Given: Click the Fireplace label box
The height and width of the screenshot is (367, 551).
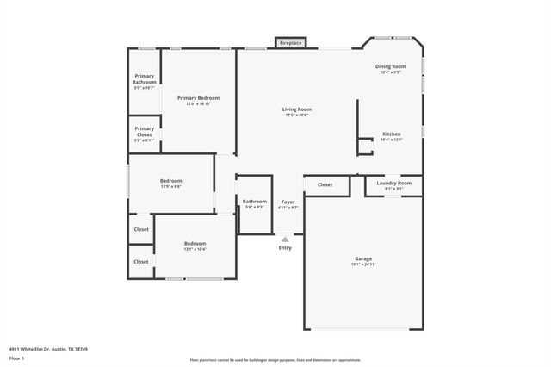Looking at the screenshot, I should click(290, 42).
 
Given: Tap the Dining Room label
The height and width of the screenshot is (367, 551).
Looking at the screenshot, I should click(390, 67).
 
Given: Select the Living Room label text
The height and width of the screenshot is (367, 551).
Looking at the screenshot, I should click(296, 109).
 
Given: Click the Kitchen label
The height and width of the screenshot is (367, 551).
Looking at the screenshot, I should click(391, 134).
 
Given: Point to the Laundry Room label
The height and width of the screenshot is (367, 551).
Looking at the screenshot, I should click(393, 183).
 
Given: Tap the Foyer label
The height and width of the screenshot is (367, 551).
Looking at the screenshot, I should click(288, 202).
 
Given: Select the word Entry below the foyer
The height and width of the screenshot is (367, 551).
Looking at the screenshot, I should click(285, 247).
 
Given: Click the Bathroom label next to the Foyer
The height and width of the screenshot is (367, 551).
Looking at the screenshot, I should click(255, 202).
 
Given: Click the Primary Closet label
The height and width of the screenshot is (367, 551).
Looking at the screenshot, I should click(144, 131).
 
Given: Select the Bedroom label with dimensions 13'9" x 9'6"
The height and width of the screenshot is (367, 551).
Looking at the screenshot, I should click(170, 181).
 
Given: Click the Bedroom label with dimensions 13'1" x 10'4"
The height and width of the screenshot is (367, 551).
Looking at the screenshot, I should click(195, 244).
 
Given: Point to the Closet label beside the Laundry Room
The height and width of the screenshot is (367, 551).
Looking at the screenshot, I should click(325, 184).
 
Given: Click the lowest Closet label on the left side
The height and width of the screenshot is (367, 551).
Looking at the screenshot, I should click(140, 261).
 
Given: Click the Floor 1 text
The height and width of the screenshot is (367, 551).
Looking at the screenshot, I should click(17, 358).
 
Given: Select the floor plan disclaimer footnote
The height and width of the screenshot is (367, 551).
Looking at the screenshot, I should click(275, 360).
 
